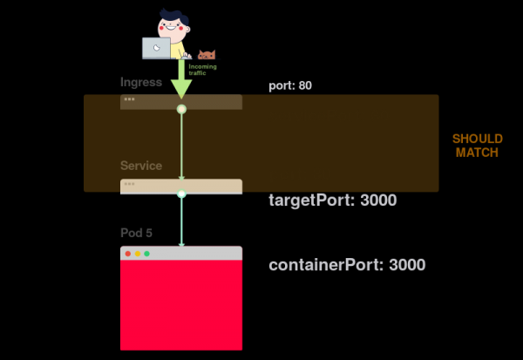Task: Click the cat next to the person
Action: point(207,54)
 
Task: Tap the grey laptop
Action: point(157,47)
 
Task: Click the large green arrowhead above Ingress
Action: point(181,87)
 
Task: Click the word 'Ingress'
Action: point(141,83)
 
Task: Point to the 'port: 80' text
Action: point(290,85)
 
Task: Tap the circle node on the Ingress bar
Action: point(181,109)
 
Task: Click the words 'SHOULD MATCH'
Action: point(477,146)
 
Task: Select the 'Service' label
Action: point(141,166)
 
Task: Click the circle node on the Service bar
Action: point(181,194)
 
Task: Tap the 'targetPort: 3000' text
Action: point(332,200)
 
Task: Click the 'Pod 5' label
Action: point(137,233)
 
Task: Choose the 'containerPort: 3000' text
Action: point(347,265)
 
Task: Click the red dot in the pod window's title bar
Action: point(128,254)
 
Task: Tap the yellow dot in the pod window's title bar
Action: point(137,254)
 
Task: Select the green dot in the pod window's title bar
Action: point(146,254)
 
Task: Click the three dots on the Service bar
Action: point(129,184)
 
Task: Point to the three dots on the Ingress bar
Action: point(129,99)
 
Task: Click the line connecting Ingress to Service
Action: point(181,148)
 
